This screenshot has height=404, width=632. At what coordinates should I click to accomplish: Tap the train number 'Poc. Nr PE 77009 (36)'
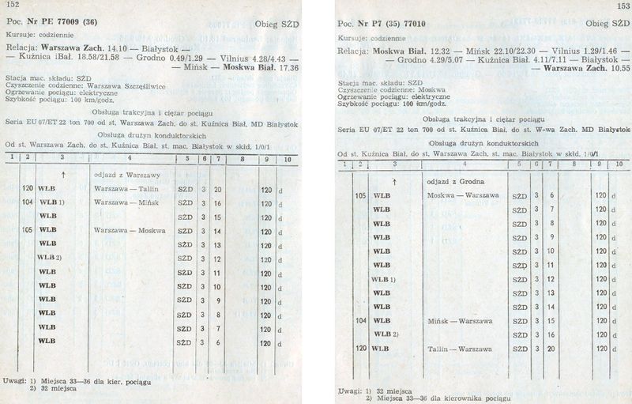pos(54,22)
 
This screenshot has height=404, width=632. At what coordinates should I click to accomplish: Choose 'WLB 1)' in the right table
pos(382,279)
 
